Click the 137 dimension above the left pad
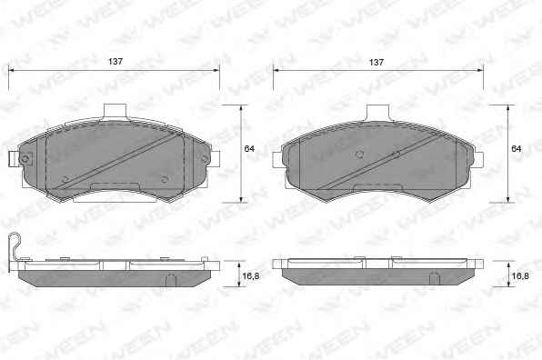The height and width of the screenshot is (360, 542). click(x=115, y=62)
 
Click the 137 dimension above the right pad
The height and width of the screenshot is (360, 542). click(x=376, y=62)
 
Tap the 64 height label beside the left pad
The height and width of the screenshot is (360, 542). click(x=249, y=148)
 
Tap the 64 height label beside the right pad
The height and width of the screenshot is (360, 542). click(x=516, y=148)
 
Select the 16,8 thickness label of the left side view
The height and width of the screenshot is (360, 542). click(x=251, y=275)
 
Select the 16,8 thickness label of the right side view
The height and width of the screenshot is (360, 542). click(x=520, y=275)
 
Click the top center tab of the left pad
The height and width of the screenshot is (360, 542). click(x=115, y=112)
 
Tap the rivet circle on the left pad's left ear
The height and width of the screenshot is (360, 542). click(x=25, y=160)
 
